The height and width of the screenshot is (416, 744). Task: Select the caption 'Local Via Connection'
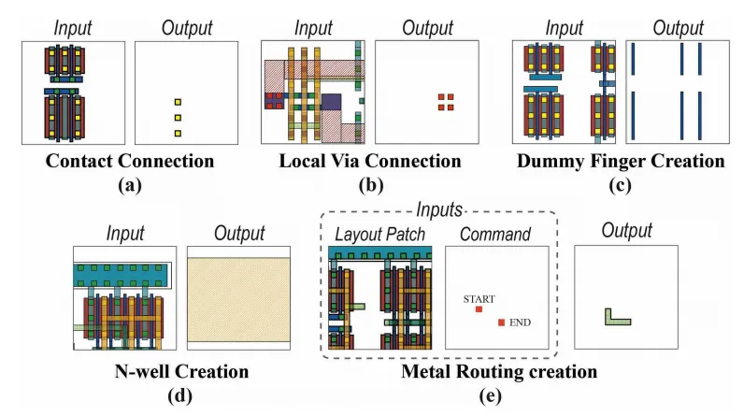[370, 162]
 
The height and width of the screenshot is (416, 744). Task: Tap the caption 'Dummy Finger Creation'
[621, 162]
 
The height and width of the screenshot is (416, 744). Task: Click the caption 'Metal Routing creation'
[499, 372]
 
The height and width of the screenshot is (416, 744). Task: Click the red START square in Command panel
[479, 308]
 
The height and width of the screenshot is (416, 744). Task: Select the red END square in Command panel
[502, 323]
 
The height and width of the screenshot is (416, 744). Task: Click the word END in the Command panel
[521, 323]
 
